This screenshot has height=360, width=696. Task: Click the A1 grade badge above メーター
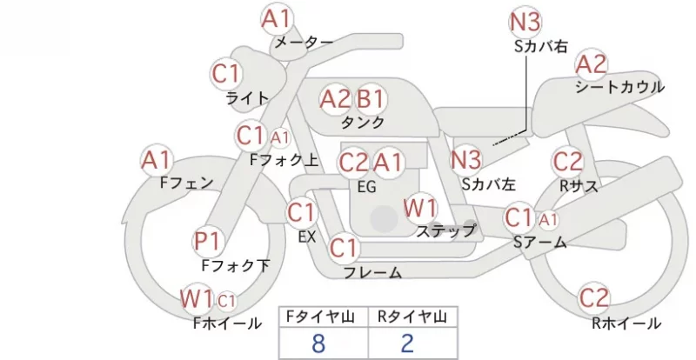click(x=277, y=19)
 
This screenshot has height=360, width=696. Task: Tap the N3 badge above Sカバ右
click(x=525, y=23)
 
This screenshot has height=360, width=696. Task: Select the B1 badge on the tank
click(x=371, y=99)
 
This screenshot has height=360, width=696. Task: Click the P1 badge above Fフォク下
click(x=208, y=242)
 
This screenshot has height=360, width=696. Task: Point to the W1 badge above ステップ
click(x=420, y=208)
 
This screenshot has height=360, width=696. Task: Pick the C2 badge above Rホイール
click(x=594, y=298)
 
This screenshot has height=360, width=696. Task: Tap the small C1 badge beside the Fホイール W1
click(x=226, y=302)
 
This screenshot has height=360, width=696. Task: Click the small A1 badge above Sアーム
click(x=549, y=219)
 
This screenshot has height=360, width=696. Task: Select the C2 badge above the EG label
click(x=354, y=163)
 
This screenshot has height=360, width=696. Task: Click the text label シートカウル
click(x=620, y=87)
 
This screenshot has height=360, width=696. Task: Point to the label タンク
click(x=363, y=122)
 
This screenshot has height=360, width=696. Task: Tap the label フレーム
click(x=373, y=272)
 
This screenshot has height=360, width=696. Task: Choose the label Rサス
click(x=579, y=186)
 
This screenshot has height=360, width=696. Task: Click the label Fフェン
click(x=186, y=183)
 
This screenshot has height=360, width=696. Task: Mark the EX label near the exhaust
click(x=307, y=237)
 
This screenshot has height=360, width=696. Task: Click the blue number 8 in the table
click(x=318, y=343)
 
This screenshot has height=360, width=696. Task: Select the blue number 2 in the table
click(x=407, y=343)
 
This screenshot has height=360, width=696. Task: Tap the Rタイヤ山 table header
click(x=412, y=317)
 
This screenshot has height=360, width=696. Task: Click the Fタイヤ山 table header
click(x=320, y=317)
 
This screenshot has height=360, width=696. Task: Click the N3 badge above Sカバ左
click(x=466, y=160)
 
